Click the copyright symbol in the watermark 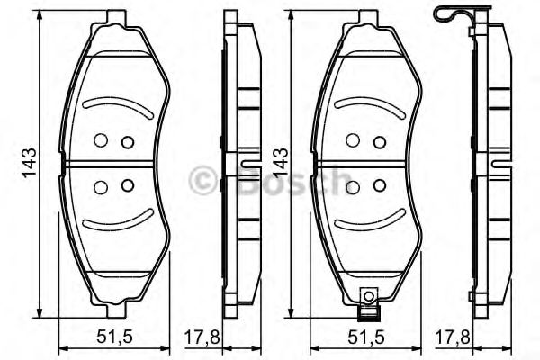point(202,180)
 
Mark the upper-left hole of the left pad point(101,140)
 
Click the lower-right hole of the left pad point(127,186)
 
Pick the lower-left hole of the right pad point(354,186)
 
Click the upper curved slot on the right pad point(365,106)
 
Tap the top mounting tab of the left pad point(113,17)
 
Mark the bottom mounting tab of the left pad point(113,311)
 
